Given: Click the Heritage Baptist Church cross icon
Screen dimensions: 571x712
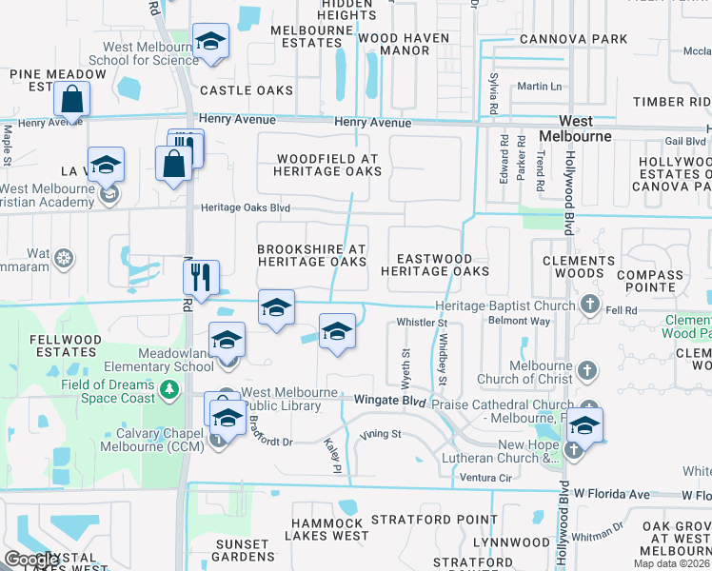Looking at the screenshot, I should (590, 305).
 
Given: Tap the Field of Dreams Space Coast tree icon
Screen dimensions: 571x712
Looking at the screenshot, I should (169, 388).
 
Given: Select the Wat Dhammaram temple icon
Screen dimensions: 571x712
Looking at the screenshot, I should (64, 257).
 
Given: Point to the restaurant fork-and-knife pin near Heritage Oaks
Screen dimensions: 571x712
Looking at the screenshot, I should (201, 277).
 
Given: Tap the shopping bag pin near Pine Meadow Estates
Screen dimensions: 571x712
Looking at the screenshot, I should (71, 98).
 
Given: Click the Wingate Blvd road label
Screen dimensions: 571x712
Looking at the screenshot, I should (388, 402).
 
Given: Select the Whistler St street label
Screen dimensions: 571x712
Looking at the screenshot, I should (422, 324).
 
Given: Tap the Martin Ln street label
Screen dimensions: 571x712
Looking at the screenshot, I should (540, 87).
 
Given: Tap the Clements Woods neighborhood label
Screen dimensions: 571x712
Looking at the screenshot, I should (579, 266).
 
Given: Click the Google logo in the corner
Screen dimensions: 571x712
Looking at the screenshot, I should (32, 560).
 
